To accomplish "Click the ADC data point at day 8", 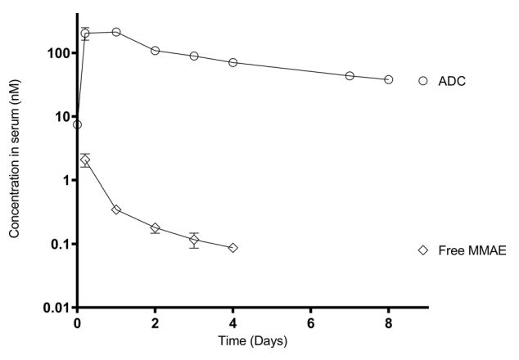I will coord(388,79).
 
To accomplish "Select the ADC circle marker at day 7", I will coord(350,75).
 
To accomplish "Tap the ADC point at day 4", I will coord(233,62).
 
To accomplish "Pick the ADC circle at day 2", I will coord(155,51).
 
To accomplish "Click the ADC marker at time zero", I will coord(77,124).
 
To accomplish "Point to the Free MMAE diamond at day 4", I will coord(233,248).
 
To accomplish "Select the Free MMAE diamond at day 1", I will coord(116,209).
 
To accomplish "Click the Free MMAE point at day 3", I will coord(194,240).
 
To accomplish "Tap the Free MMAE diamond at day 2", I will coord(155,227).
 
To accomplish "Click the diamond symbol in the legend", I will coord(423,250).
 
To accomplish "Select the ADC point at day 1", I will coord(116,32).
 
